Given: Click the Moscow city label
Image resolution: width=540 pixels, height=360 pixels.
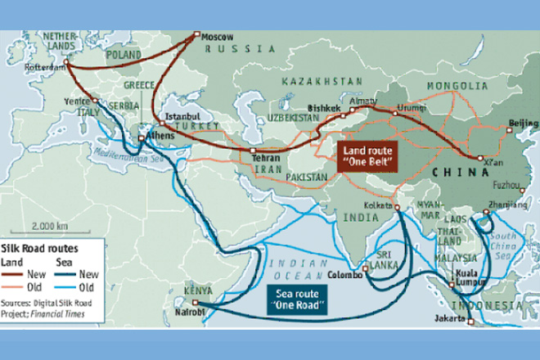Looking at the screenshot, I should pyautogui.click(x=218, y=38).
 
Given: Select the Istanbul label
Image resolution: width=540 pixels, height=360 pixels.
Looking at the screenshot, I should pyautogui.click(x=182, y=116).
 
